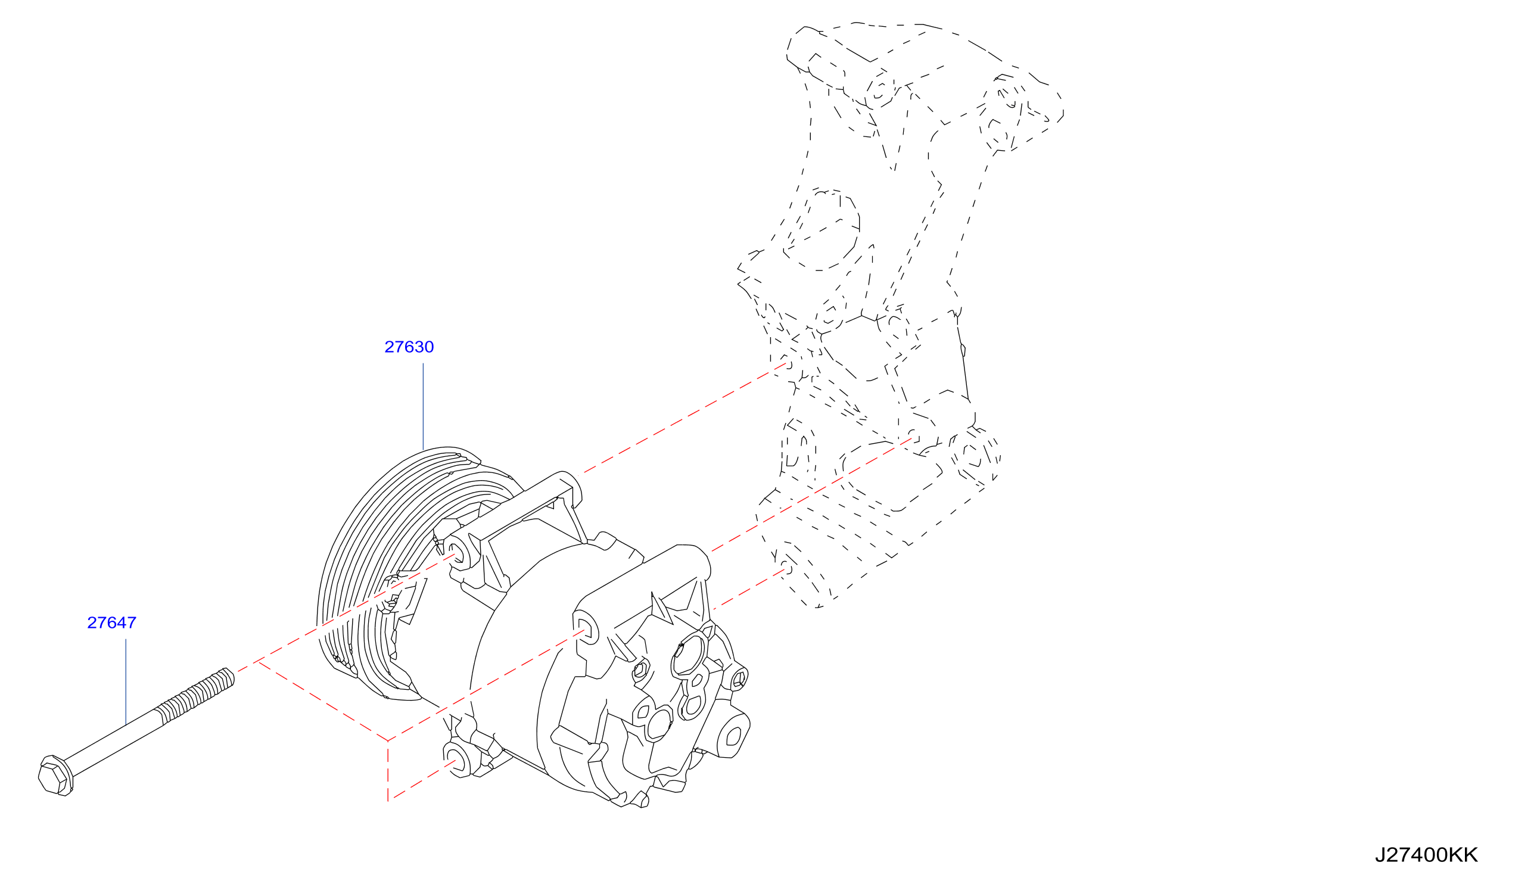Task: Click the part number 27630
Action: click(409, 347)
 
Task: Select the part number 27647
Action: click(111, 623)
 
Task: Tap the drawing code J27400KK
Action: click(1427, 855)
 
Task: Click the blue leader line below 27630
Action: click(423, 406)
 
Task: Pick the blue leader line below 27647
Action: click(126, 681)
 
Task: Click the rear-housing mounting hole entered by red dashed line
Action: click(585, 631)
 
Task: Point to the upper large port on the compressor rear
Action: click(688, 653)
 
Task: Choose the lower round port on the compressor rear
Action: click(659, 724)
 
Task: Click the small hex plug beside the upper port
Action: click(640, 670)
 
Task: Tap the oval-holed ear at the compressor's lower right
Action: click(734, 736)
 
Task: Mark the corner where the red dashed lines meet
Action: click(388, 740)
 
